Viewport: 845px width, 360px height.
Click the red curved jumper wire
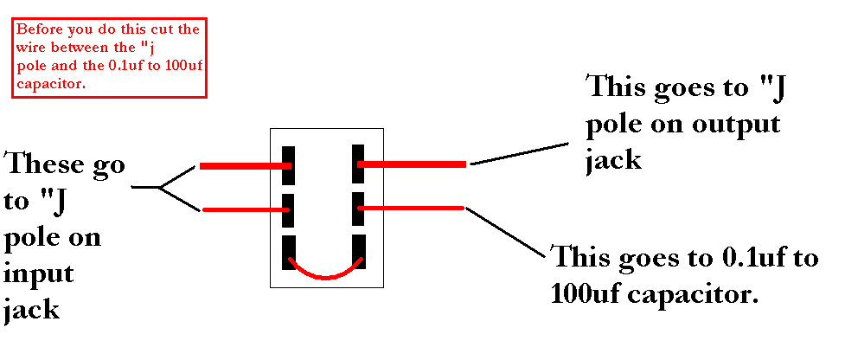[325, 273]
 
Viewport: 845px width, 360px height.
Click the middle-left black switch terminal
[289, 210]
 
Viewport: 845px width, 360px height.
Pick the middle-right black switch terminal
[360, 209]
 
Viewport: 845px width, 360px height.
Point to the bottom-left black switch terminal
[289, 252]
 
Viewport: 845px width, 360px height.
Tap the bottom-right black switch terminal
[360, 252]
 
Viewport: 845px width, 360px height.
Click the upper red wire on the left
[242, 166]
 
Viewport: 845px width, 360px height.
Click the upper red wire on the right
[413, 164]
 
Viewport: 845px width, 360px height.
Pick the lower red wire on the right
[413, 208]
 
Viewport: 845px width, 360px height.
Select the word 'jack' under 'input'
[32, 308]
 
